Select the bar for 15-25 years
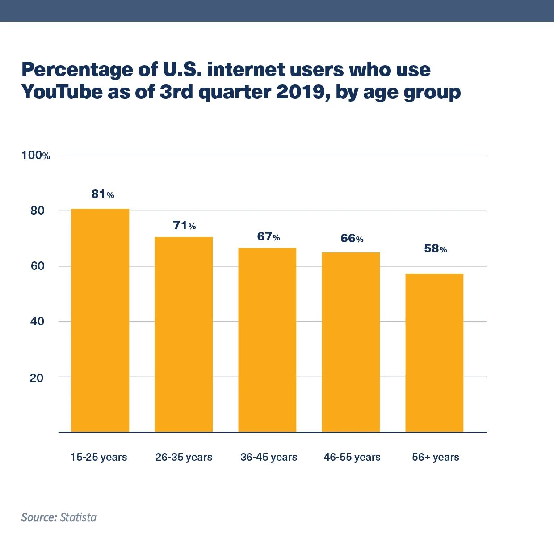(x=100, y=320)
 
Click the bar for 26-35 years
(x=184, y=334)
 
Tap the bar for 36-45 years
(x=267, y=340)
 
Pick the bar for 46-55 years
(x=351, y=342)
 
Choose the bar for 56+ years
(x=434, y=353)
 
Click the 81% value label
(x=103, y=194)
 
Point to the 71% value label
(x=185, y=226)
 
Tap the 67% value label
(x=269, y=236)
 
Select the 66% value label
(x=352, y=238)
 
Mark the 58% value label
(x=436, y=248)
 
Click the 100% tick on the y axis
(x=36, y=156)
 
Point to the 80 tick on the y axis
(x=38, y=211)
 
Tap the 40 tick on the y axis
(x=37, y=321)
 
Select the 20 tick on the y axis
(x=37, y=378)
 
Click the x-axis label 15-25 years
(x=99, y=457)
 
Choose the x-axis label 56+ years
(x=436, y=457)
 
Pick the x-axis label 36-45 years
(x=269, y=457)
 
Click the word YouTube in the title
(x=62, y=92)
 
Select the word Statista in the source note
(x=78, y=517)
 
